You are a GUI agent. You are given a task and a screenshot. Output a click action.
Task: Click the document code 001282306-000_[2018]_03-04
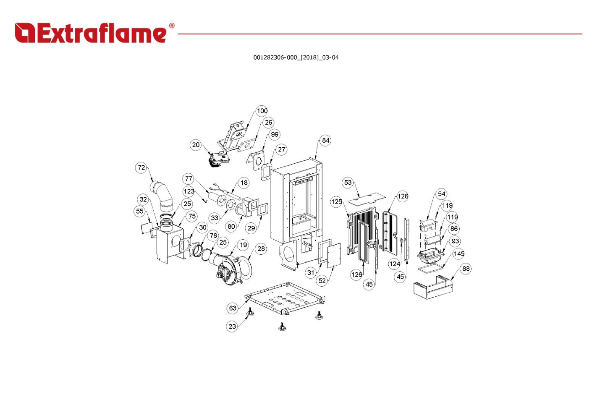point(296,57)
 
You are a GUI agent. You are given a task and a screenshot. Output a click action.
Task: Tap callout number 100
point(262,111)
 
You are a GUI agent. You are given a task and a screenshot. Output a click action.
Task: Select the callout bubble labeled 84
point(326,140)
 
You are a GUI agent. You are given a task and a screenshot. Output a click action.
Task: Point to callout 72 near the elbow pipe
point(141,167)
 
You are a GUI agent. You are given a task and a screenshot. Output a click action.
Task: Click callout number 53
point(348,182)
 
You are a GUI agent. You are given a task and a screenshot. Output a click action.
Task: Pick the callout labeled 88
point(466,269)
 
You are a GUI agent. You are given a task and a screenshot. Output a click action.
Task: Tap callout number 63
point(233,308)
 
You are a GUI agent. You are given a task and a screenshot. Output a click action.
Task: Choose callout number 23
point(232,327)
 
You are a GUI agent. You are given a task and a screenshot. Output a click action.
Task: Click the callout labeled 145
point(459,253)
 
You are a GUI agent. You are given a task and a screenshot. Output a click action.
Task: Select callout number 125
point(336,202)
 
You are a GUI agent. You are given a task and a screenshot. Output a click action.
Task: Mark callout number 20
point(196,145)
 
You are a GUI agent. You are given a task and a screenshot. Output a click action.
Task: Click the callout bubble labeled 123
point(189,191)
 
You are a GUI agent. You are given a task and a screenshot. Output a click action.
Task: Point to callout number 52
point(322,281)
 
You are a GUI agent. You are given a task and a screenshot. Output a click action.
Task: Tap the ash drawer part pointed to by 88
point(433,287)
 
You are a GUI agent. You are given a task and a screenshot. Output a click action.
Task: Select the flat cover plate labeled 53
point(367,199)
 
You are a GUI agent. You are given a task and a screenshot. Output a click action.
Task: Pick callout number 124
point(394,264)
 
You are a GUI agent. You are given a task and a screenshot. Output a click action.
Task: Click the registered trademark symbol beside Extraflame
point(172,26)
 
